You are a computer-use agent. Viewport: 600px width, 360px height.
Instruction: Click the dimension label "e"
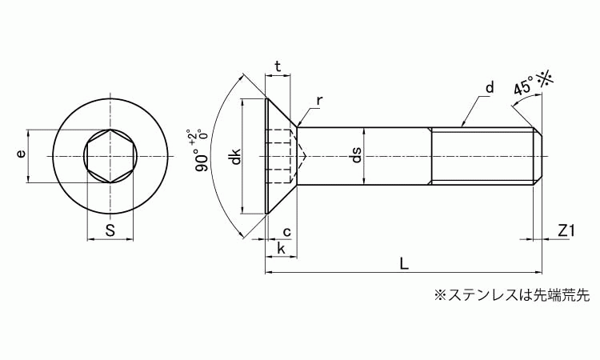pos(22,154)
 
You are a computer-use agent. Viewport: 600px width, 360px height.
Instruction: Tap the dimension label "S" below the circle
pos(110,230)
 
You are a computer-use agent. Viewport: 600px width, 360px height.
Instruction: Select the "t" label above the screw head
pos(278,66)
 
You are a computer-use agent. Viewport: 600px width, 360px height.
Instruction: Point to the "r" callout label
pos(319,101)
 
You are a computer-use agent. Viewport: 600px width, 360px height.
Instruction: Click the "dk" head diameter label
pos(236,156)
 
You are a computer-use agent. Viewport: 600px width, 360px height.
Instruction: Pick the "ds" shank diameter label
pos(356,155)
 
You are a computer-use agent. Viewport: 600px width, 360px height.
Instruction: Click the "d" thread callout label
pos(490,87)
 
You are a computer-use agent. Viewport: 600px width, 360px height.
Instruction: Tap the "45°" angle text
pos(523,86)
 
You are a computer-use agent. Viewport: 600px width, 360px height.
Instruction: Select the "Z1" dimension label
pos(566,230)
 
